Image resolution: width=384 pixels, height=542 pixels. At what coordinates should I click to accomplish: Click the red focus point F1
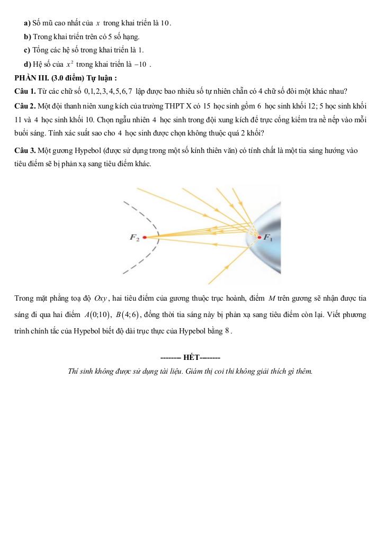tap(259, 237)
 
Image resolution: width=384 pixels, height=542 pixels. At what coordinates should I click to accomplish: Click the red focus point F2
tap(144, 238)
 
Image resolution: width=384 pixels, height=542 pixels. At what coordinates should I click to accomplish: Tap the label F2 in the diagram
tap(135, 238)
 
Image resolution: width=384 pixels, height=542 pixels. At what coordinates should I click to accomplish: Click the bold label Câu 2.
tap(25, 106)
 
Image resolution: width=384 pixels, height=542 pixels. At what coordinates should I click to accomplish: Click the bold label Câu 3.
tap(25, 151)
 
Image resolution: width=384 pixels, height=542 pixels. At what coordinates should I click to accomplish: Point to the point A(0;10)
tap(97, 315)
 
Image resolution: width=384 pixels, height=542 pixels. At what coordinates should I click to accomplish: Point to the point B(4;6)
tap(127, 315)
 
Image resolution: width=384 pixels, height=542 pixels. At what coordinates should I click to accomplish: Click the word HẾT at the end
tap(191, 357)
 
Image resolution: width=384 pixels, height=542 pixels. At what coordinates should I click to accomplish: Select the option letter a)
tap(27, 23)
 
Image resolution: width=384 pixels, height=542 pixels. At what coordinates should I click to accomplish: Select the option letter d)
tap(28, 65)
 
